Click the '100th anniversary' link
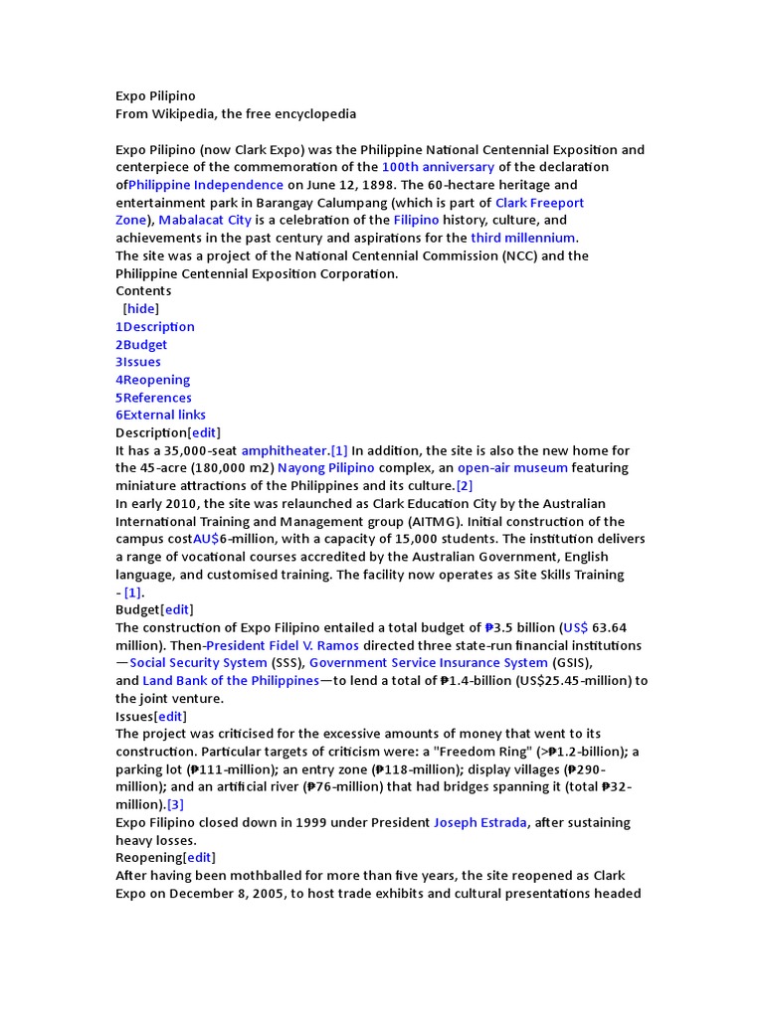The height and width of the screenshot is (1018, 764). (438, 167)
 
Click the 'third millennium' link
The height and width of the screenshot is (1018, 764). (522, 238)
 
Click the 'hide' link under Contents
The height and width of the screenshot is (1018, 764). (141, 309)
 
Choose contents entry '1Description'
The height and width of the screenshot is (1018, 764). (155, 327)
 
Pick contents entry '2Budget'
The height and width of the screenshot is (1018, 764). (141, 345)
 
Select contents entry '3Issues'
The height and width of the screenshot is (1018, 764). (138, 362)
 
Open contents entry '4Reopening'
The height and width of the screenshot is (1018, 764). (152, 380)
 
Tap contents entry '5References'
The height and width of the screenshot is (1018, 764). (153, 398)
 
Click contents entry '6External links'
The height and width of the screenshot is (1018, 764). (161, 415)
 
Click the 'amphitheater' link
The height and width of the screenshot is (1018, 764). (285, 451)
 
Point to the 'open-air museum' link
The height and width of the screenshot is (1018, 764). (512, 468)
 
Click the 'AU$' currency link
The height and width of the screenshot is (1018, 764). (206, 539)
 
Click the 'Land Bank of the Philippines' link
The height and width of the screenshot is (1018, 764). (231, 681)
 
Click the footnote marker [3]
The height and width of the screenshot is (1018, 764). (175, 805)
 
